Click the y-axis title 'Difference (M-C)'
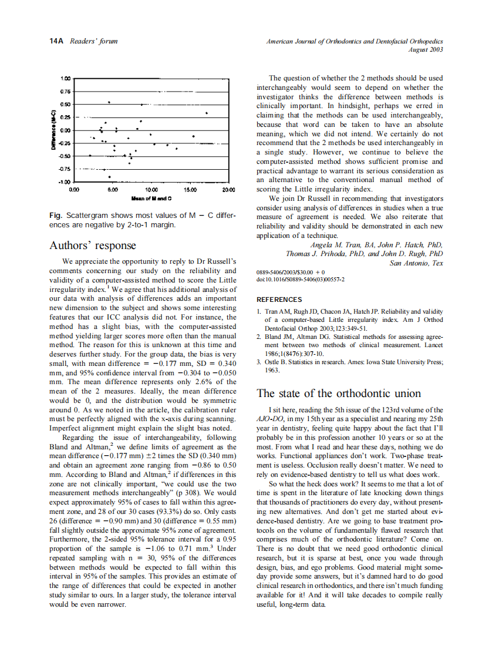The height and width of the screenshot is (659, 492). (53, 130)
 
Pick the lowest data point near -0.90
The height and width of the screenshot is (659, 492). (109, 177)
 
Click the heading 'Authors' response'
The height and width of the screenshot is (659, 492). (93, 245)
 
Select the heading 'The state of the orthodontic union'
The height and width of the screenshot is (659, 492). (338, 393)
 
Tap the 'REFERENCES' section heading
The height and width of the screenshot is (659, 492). (279, 300)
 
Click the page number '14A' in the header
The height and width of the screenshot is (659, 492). (56, 41)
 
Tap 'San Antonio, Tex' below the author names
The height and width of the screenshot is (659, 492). (416, 263)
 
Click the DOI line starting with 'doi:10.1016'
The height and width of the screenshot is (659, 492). (300, 280)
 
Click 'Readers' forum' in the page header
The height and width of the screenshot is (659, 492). (93, 41)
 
